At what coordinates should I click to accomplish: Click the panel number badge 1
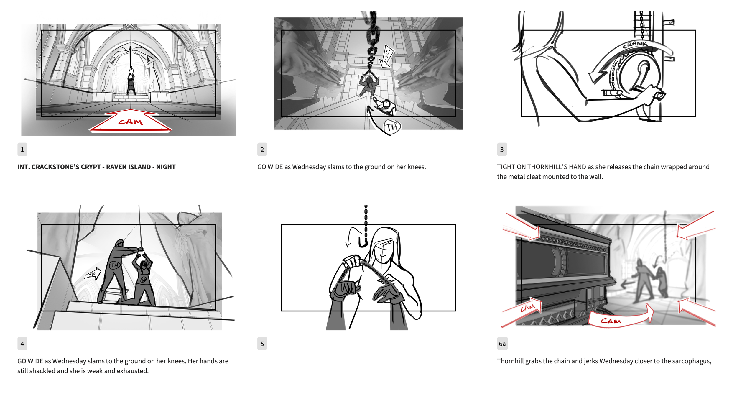[x=22, y=150]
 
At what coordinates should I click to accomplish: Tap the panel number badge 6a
[x=502, y=344]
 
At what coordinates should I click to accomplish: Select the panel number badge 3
[x=502, y=150]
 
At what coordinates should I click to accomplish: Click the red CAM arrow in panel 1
[x=131, y=121]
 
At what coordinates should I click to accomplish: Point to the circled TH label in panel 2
[x=392, y=127]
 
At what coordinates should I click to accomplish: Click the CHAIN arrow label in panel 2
[x=386, y=56]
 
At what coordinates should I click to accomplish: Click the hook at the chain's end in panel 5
[x=363, y=242]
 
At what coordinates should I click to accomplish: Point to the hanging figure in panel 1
[x=131, y=81]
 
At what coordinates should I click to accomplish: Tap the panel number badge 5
[x=262, y=344]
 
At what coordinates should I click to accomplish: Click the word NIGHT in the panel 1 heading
[x=166, y=167]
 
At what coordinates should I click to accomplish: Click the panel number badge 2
[x=262, y=150]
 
